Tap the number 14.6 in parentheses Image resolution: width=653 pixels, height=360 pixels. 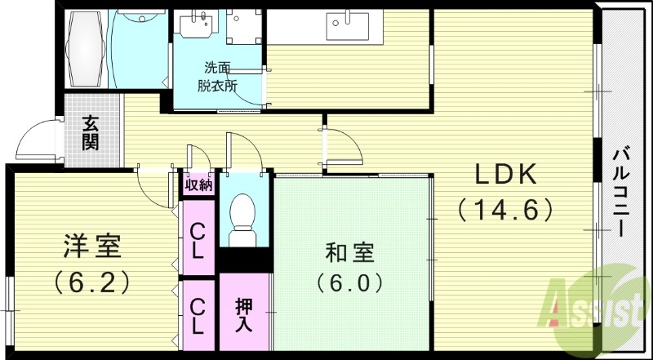[x=506, y=210]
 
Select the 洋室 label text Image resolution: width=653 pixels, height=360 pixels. [x=92, y=245]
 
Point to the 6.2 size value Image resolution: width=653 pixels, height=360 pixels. [x=92, y=282]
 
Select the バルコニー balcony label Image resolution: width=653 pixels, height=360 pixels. [x=620, y=193]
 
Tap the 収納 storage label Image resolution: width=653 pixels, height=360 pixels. [x=198, y=184]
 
